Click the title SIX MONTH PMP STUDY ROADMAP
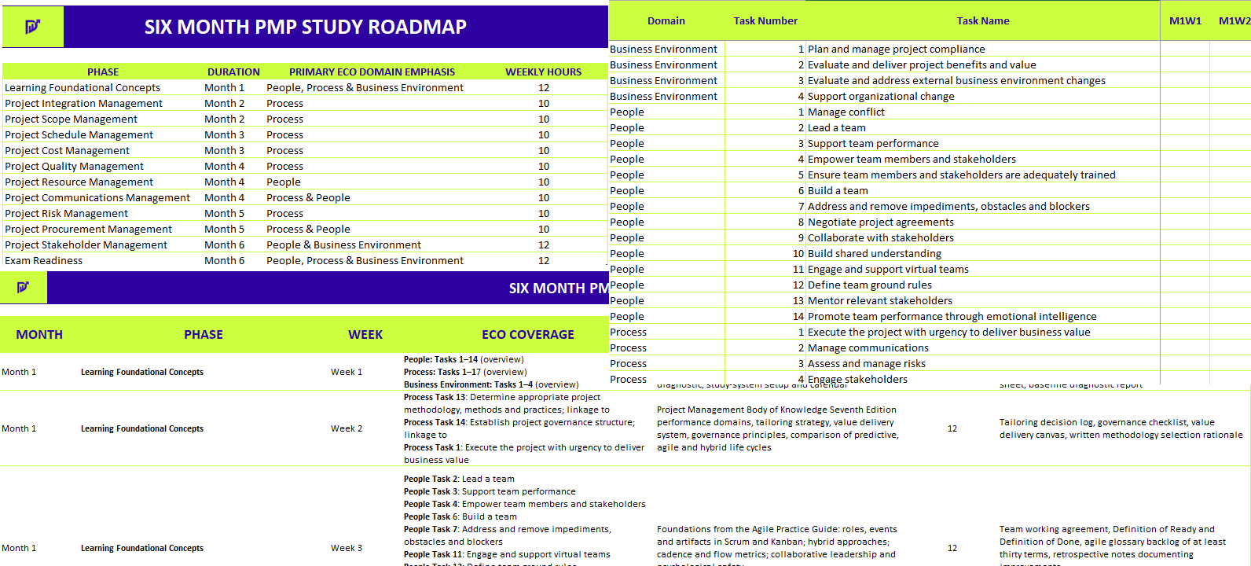click(x=305, y=27)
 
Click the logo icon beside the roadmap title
click(x=32, y=27)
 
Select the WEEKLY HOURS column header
click(x=543, y=72)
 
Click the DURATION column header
click(x=233, y=72)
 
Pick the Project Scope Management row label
click(x=71, y=119)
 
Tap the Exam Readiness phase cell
click(x=43, y=260)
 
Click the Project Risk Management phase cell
click(x=66, y=213)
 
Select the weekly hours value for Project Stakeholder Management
click(x=544, y=244)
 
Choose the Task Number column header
click(x=765, y=20)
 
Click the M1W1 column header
click(x=1185, y=20)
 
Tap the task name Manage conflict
click(x=846, y=112)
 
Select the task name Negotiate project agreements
click(x=881, y=222)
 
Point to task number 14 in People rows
click(x=798, y=316)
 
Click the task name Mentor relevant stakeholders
click(x=880, y=300)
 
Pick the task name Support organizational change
click(x=881, y=96)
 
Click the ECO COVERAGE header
click(x=528, y=334)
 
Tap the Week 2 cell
click(x=347, y=428)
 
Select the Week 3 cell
click(x=347, y=548)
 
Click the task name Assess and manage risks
click(x=867, y=363)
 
